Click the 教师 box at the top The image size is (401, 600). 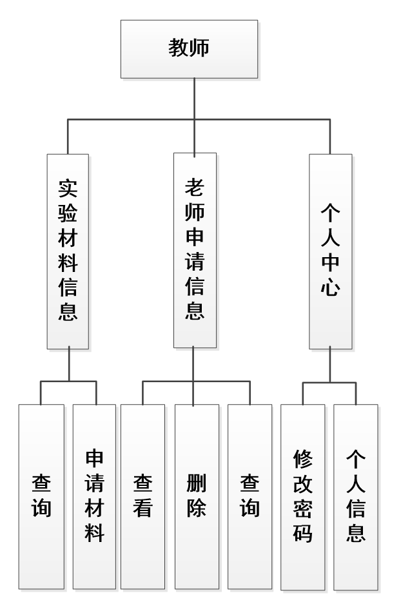[189, 48]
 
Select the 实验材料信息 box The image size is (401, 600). [68, 250]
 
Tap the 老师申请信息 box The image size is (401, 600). [194, 250]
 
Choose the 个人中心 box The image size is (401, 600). [330, 250]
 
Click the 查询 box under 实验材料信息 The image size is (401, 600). [41, 496]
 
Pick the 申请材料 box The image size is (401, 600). [95, 496]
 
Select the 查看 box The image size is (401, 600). [142, 496]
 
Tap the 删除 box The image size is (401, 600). [196, 496]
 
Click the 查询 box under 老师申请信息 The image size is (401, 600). [249, 496]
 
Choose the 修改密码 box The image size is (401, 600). [302, 496]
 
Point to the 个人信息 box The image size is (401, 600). [356, 496]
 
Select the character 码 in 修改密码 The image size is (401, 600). [302, 534]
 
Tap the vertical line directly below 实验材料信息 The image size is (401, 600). [68, 365]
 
